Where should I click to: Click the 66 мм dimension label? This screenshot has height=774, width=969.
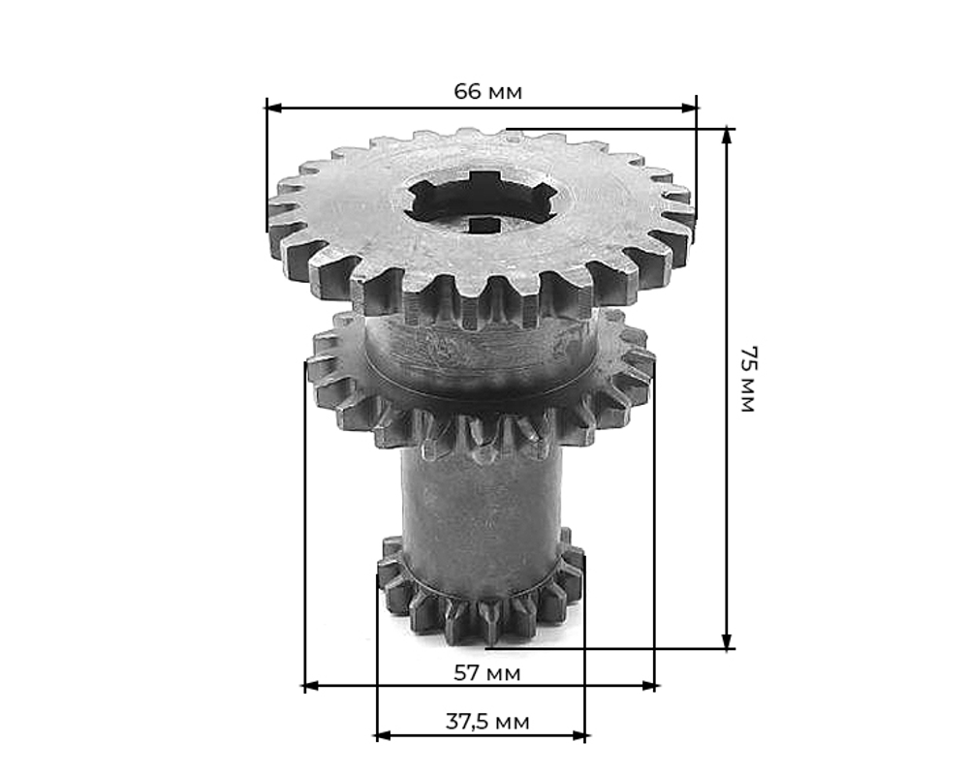coord(487,91)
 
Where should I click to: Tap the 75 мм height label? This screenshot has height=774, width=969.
coord(748,380)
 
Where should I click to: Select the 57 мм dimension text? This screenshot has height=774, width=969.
coord(487,672)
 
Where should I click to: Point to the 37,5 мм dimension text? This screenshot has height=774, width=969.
coord(487,722)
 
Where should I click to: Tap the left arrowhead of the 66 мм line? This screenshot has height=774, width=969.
coord(274,108)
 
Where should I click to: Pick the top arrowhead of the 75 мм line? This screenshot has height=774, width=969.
coord(728,138)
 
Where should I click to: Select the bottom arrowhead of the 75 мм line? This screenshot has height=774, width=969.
coord(728,640)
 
